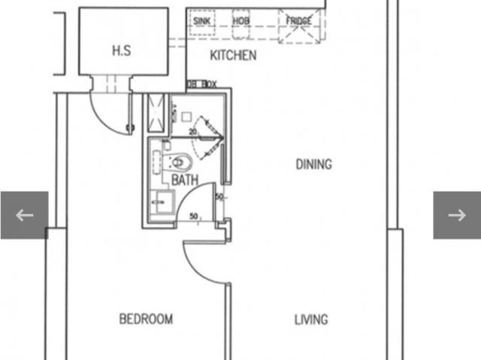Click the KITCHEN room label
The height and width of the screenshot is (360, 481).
click(x=233, y=55)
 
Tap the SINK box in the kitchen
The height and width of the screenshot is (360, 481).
click(x=201, y=21)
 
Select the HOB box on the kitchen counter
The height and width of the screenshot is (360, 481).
click(x=241, y=21)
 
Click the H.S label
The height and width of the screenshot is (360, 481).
click(x=122, y=50)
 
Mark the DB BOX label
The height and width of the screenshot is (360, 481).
click(x=201, y=84)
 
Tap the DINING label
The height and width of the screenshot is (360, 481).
click(x=313, y=164)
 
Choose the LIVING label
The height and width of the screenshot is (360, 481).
click(x=310, y=319)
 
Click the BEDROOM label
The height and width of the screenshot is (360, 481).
click(x=146, y=319)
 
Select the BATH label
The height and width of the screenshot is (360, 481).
click(x=185, y=180)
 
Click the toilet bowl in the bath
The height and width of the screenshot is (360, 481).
click(x=181, y=161)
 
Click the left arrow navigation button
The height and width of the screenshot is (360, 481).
click(x=24, y=215)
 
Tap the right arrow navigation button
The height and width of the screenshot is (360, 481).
click(x=456, y=215)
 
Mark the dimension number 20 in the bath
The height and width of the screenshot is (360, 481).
click(x=192, y=132)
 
